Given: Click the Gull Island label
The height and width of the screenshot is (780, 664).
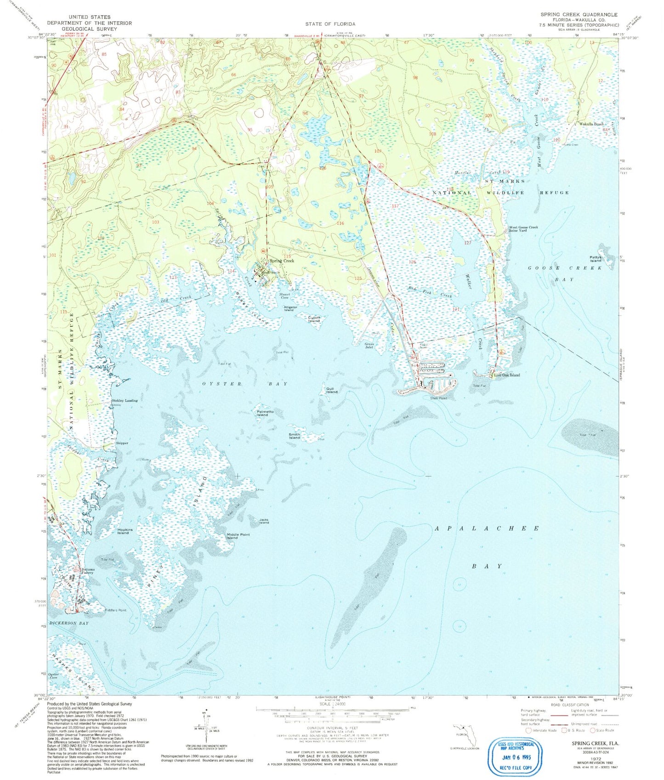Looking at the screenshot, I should [331, 391].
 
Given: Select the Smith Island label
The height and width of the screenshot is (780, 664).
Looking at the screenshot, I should [294, 436].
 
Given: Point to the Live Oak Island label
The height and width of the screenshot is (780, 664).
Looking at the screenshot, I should [507, 375].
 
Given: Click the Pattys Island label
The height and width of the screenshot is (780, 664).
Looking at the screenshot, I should [596, 259].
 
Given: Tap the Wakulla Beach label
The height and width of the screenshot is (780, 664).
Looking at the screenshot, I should [591, 124].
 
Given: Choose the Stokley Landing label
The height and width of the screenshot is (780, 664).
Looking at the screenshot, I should [125, 400].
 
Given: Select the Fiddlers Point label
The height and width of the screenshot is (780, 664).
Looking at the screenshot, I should [115, 610].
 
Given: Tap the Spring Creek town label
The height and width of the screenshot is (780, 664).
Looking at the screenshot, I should [282, 261].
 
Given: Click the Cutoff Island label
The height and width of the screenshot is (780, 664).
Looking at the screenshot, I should [314, 319].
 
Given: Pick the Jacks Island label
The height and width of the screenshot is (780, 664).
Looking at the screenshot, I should [263, 521].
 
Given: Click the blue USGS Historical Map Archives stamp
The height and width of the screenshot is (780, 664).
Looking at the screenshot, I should [516, 756].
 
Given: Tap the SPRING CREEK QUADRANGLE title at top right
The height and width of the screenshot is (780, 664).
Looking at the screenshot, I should [579, 15].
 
